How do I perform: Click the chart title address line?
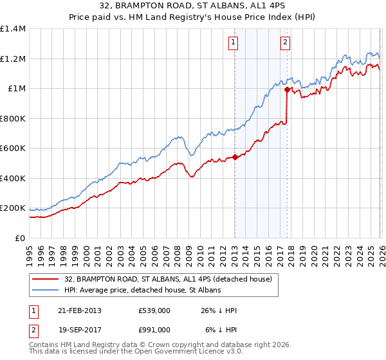[x=192, y=6]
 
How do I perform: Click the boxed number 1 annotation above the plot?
[x=232, y=43]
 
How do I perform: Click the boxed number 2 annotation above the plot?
[x=284, y=43]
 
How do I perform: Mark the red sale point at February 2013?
[x=235, y=157]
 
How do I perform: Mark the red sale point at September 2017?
[x=287, y=90]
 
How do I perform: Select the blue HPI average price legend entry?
[x=142, y=291]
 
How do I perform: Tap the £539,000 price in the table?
[x=154, y=310]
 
